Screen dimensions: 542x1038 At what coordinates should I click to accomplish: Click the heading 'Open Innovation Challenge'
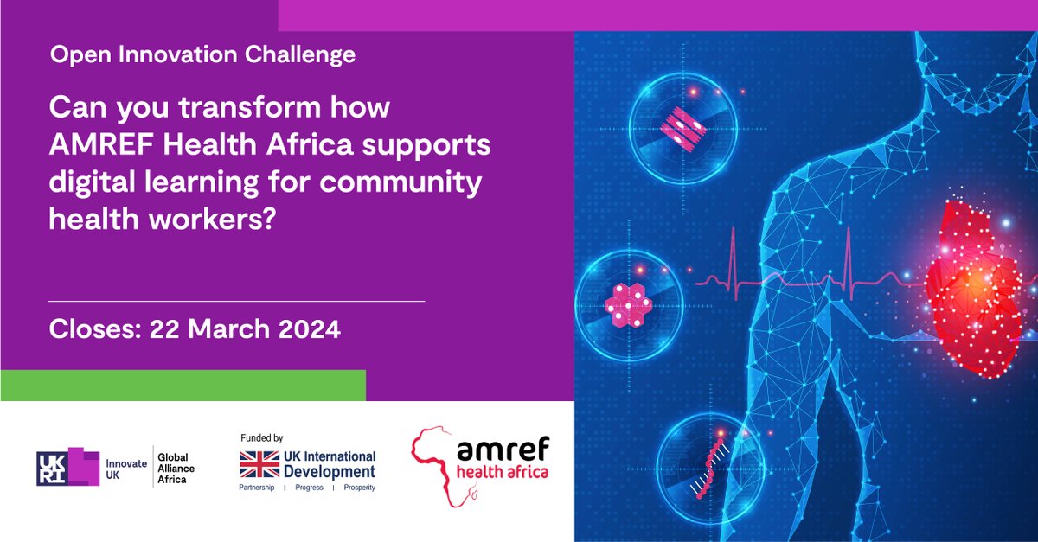click(203, 55)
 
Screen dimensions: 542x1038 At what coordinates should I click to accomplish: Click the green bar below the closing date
click(183, 385)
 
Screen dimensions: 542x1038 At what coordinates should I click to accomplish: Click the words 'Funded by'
click(261, 438)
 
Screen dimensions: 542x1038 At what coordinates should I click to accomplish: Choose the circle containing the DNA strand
click(709, 458)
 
